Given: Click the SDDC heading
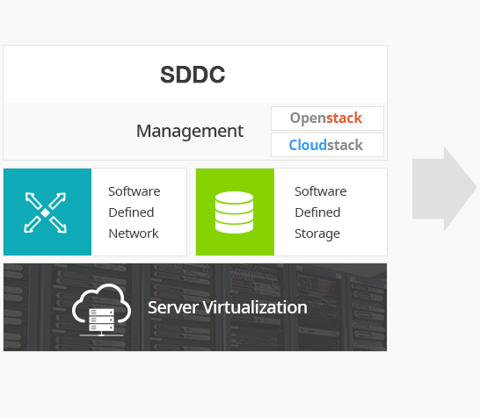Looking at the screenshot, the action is (193, 75).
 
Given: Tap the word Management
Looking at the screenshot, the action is (190, 131).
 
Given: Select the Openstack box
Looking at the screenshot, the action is (327, 119).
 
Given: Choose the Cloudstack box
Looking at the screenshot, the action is (327, 145).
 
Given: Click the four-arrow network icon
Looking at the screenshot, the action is (46, 212).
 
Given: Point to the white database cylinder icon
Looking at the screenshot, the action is (234, 212).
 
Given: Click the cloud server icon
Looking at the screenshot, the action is (102, 309).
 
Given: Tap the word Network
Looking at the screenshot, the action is (134, 234).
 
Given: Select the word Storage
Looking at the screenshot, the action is (317, 234).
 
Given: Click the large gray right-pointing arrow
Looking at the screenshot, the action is (445, 189).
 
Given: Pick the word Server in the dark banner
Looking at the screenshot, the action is (172, 307).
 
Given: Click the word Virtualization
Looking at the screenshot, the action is (255, 307).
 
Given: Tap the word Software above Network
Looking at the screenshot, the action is (135, 191).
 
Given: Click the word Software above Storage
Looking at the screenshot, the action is (321, 191).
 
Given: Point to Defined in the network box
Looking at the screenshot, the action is (131, 212).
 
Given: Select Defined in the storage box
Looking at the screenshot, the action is (317, 212).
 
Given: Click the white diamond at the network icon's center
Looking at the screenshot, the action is (46, 213).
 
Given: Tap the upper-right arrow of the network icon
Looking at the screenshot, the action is (58, 200).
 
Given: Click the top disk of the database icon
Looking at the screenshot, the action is (234, 198).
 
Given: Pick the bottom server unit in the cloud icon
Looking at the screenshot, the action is (102, 327).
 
